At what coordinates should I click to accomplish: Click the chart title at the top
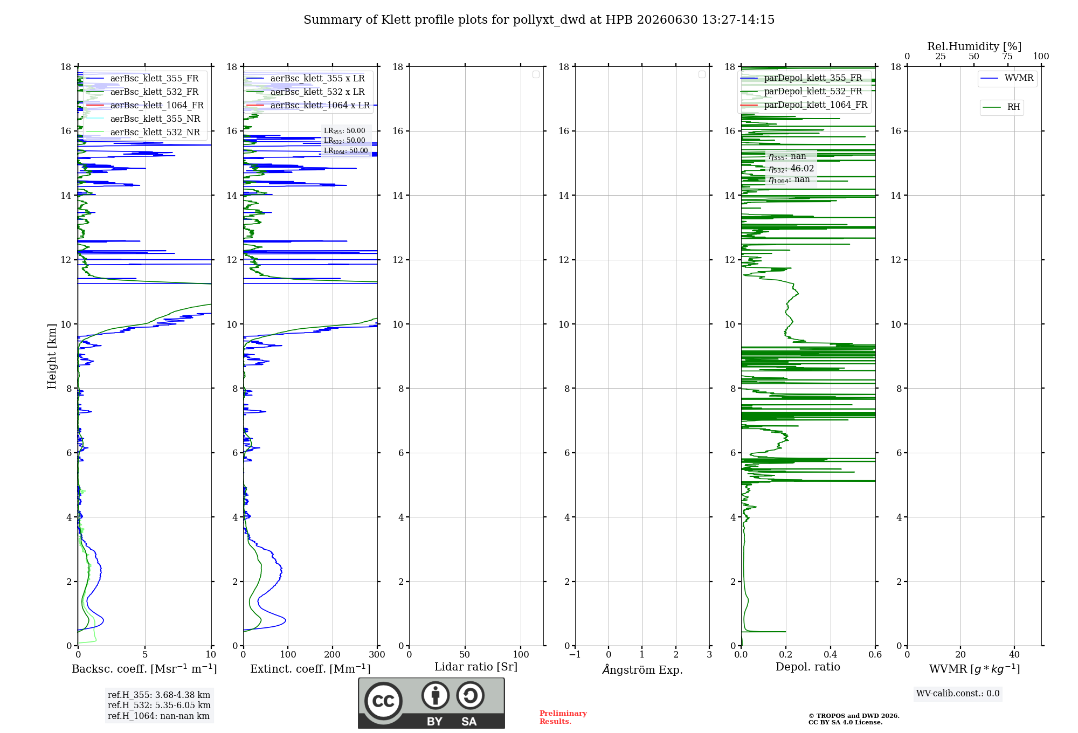(x=539, y=20)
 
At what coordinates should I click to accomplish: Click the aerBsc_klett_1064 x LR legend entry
(x=308, y=105)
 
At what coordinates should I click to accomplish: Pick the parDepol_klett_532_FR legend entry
(x=804, y=91)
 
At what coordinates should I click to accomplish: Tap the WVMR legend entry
(x=1007, y=78)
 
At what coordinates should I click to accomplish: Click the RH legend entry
(x=1001, y=107)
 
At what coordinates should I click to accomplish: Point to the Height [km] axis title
(x=52, y=356)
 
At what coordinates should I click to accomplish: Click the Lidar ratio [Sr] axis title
(x=476, y=667)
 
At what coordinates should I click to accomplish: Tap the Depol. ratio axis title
(x=808, y=667)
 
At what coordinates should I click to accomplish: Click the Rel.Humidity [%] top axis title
(x=975, y=46)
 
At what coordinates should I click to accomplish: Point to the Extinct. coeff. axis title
(x=310, y=669)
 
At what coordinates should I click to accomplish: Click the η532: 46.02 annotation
(x=791, y=169)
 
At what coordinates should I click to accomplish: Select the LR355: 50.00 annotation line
(x=344, y=131)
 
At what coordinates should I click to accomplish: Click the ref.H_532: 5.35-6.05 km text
(x=159, y=705)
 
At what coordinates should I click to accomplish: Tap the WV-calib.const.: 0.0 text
(x=958, y=694)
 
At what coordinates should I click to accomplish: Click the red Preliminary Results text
(x=563, y=717)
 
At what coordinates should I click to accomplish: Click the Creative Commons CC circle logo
(x=383, y=701)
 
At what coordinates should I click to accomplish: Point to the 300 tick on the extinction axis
(x=377, y=654)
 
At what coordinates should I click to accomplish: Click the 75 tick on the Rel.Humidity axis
(x=1007, y=56)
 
